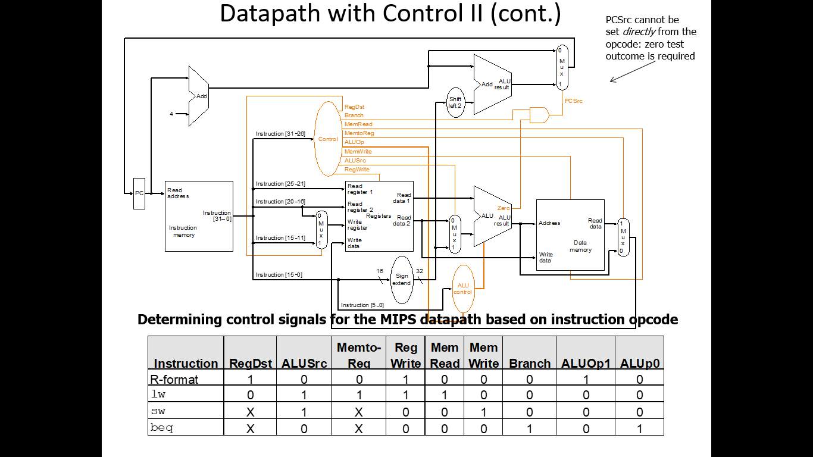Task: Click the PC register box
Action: pyautogui.click(x=139, y=193)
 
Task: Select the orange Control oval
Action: pyautogui.click(x=328, y=139)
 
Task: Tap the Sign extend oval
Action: pyautogui.click(x=402, y=279)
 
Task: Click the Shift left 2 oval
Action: pyautogui.click(x=455, y=102)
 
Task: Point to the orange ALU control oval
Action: pyautogui.click(x=463, y=289)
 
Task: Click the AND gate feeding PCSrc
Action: pyautogui.click(x=539, y=115)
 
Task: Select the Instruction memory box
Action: pyautogui.click(x=199, y=217)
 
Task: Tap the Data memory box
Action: pyautogui.click(x=570, y=234)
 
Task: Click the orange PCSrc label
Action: pyautogui.click(x=574, y=101)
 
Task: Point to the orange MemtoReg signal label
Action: pyautogui.click(x=359, y=133)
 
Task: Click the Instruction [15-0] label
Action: pyautogui.click(x=279, y=275)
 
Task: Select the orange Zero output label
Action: pyautogui.click(x=504, y=208)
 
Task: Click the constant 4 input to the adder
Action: pyautogui.click(x=171, y=114)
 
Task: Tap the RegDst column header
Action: pyautogui.click(x=251, y=364)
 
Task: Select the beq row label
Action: pyautogui.click(x=162, y=427)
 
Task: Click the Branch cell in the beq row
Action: pyautogui.click(x=530, y=427)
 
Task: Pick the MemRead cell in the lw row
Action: pyautogui.click(x=445, y=395)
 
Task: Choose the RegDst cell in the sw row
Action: pyautogui.click(x=251, y=411)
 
